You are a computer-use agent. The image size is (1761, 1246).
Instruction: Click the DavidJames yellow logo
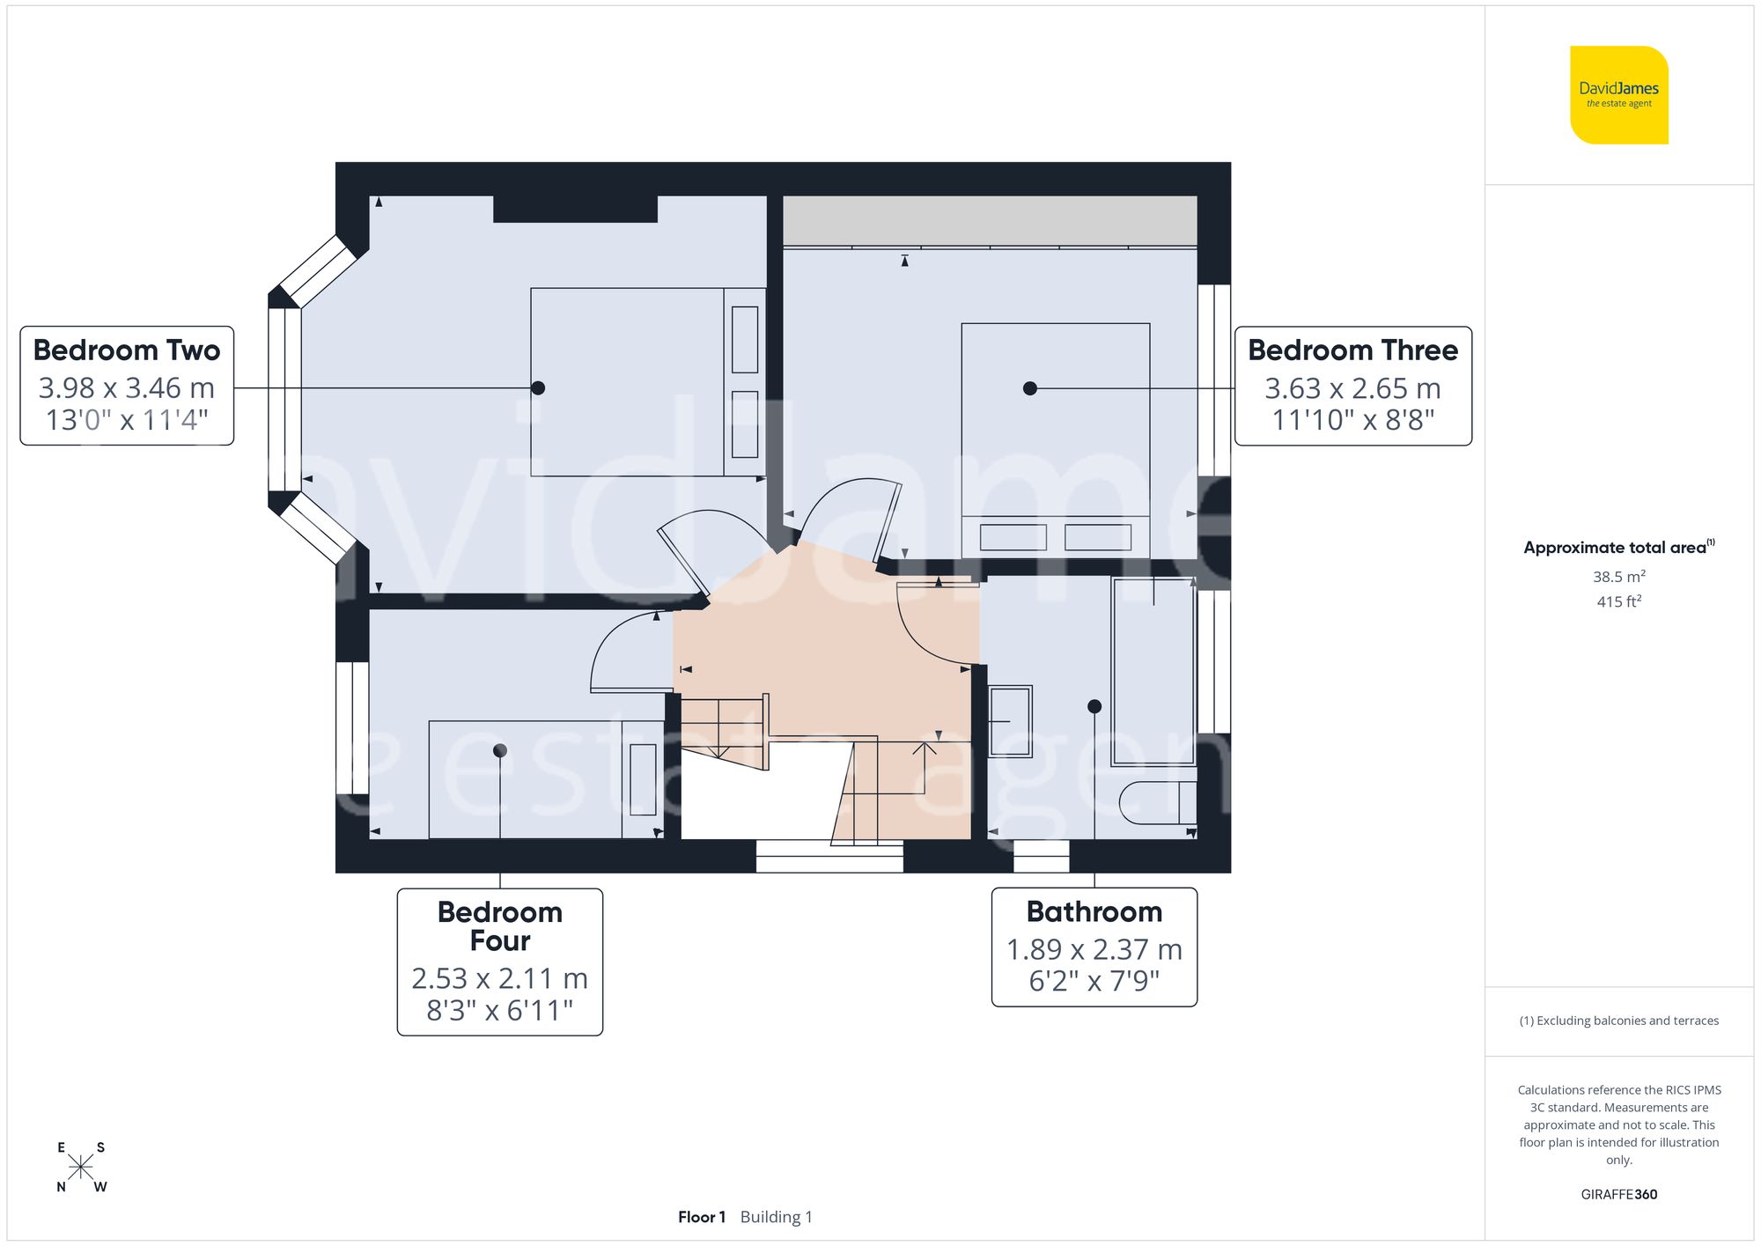1618,95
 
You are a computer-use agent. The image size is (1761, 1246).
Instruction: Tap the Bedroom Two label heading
127,350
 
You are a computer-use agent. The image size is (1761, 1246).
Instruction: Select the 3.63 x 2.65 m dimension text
1352,388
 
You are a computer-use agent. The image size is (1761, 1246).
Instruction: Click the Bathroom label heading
1094,911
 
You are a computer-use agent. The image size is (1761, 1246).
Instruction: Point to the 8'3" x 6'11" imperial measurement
499,1010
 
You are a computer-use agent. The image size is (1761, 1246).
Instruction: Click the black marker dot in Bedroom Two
538,388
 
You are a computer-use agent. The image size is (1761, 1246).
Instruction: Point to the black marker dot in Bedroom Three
1029,388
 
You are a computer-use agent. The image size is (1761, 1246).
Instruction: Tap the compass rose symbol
80,1168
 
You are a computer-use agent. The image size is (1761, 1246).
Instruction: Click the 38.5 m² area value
1618,577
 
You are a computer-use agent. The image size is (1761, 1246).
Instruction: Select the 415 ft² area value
1618,601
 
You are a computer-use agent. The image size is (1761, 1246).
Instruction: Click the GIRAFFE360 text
1618,1195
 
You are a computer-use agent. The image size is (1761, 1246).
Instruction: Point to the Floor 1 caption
702,1217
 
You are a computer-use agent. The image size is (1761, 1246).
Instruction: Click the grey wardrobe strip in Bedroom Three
990,220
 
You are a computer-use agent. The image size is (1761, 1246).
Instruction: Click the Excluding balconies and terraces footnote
1618,1021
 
